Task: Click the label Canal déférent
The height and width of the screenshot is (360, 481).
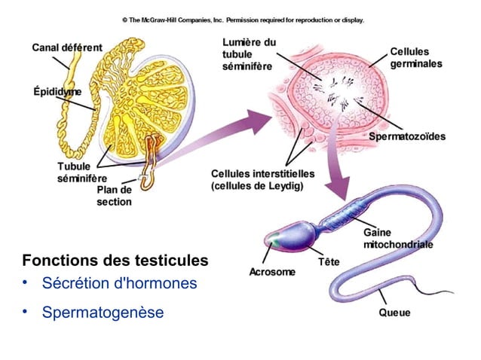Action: coord(67,47)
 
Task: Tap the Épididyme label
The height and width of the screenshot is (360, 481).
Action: coord(57,92)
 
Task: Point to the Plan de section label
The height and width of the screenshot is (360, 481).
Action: coord(114,196)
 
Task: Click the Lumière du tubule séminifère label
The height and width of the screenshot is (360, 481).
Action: coord(249,54)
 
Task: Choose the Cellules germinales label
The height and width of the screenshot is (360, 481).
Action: coord(416,57)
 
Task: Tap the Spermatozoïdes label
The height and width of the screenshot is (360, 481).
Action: coord(407,136)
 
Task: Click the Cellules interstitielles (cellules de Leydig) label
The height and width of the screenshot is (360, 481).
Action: coord(263,180)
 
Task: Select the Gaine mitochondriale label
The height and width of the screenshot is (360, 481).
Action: coord(398,238)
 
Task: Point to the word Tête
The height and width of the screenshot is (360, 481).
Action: coord(329,262)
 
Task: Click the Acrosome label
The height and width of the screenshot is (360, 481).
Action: coord(272,272)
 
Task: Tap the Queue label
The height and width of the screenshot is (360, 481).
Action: coord(394,313)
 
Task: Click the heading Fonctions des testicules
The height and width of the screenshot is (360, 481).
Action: coord(115,261)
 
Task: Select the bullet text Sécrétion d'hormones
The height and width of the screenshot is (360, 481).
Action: coord(119,282)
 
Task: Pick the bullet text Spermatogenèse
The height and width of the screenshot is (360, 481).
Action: coord(103,313)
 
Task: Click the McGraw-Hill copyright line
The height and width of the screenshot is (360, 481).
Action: coord(244,20)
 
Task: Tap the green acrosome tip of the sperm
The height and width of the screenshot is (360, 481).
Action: coord(273,239)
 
